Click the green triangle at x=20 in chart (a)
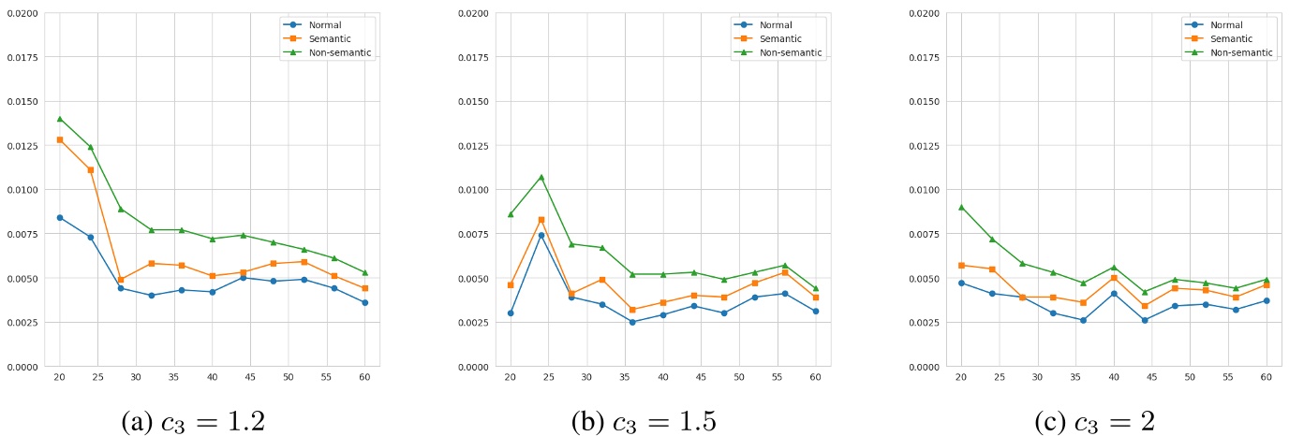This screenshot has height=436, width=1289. click(x=60, y=119)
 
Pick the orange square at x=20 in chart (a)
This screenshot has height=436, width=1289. click(x=60, y=139)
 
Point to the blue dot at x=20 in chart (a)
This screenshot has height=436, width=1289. click(x=60, y=217)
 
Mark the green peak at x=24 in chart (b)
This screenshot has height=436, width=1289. click(x=541, y=177)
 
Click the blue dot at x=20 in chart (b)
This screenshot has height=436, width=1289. click(x=511, y=312)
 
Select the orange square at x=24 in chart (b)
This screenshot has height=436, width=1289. click(x=541, y=219)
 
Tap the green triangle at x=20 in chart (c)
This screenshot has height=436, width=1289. click(x=960, y=207)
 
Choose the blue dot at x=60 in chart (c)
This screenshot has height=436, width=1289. click(x=1267, y=300)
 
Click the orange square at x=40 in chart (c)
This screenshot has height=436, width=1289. click(x=1114, y=278)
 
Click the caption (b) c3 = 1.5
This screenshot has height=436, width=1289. click(x=644, y=422)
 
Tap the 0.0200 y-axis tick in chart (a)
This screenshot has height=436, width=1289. click(x=20, y=13)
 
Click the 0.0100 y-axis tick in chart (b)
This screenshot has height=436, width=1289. click(x=470, y=190)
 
